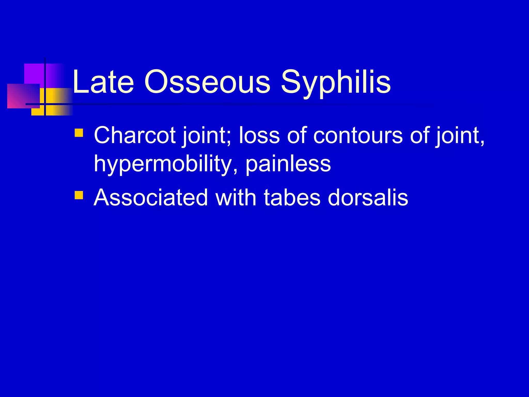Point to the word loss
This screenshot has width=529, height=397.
click(259, 135)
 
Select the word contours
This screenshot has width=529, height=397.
click(358, 135)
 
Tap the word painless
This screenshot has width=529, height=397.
click(288, 164)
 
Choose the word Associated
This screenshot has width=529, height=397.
click(151, 198)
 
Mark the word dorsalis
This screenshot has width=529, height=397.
click(368, 198)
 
